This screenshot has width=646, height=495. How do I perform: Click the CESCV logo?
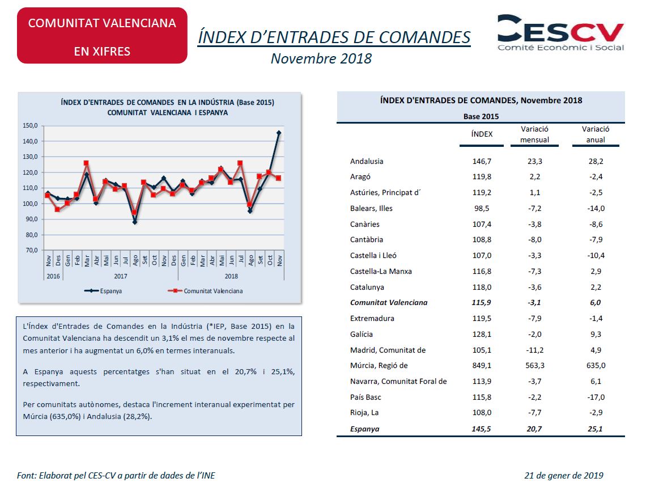coord(561,33)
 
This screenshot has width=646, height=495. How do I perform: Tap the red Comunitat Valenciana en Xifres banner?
coord(102,36)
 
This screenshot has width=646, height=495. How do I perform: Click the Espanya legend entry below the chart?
coord(103,291)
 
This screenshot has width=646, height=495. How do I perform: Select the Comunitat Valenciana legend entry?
coord(205,291)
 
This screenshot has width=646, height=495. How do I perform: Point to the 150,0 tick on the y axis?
coord(30,125)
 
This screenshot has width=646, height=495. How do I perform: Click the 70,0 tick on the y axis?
coord(32,250)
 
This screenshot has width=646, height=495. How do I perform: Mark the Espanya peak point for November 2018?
coord(279,133)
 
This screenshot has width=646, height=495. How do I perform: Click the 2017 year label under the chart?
coord(120,276)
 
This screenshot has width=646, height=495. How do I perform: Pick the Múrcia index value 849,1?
coord(482,366)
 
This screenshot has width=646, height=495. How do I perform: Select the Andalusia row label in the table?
coord(367,161)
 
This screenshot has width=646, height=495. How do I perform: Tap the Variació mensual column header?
coord(534,134)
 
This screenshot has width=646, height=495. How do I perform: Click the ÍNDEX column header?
coord(482,134)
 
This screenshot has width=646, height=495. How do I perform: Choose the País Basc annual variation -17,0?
coord(596,397)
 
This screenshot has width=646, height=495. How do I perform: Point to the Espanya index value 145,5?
coord(481,429)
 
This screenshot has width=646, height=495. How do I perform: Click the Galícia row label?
coord(362,335)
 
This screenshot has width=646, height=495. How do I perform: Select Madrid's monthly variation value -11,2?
coord(535,350)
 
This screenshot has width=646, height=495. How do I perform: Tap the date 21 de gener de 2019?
coord(564,476)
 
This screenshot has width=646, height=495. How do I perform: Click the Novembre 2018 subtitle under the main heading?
coord(321,58)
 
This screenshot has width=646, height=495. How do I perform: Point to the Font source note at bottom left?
coord(116,476)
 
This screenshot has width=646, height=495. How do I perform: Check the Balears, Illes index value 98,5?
coord(482,209)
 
